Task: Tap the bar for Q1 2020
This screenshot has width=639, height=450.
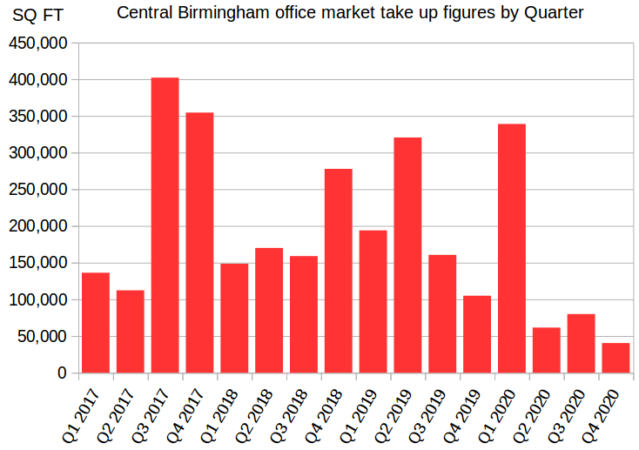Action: (x=511, y=248)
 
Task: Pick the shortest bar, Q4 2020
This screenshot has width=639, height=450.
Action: (x=615, y=358)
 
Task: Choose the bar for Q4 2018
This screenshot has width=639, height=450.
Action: (x=338, y=271)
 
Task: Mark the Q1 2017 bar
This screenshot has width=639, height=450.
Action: (x=96, y=323)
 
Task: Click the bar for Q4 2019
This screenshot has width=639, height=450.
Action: (x=477, y=334)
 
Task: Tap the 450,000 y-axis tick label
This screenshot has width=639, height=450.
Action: (x=37, y=44)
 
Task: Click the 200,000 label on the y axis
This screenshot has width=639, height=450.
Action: (x=37, y=226)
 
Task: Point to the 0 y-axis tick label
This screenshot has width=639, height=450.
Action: (x=62, y=373)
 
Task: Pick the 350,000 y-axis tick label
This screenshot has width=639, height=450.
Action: (x=37, y=117)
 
